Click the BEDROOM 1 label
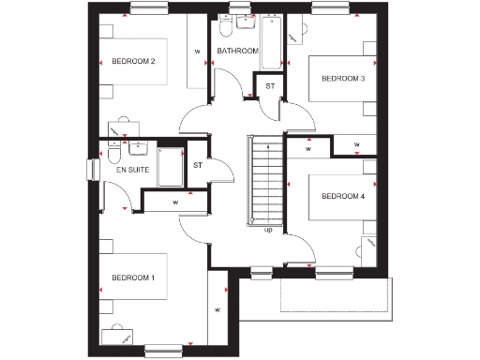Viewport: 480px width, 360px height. (x=133, y=278)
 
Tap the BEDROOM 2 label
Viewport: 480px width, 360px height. (x=133, y=62)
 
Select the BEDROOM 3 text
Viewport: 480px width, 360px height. (x=342, y=78)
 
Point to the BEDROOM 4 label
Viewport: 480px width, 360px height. (x=342, y=196)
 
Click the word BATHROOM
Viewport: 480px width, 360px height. (x=236, y=51)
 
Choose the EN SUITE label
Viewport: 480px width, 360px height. (x=132, y=171)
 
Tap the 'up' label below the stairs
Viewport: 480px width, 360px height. (x=268, y=230)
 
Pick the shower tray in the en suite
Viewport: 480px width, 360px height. (x=171, y=167)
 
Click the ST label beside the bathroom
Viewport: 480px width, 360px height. (x=270, y=86)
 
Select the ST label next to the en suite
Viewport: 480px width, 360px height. (x=198, y=166)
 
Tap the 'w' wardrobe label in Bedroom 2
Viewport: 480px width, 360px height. (x=197, y=52)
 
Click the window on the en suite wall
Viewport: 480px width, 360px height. (x=94, y=167)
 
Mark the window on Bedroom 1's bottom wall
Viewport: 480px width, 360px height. (x=162, y=350)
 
